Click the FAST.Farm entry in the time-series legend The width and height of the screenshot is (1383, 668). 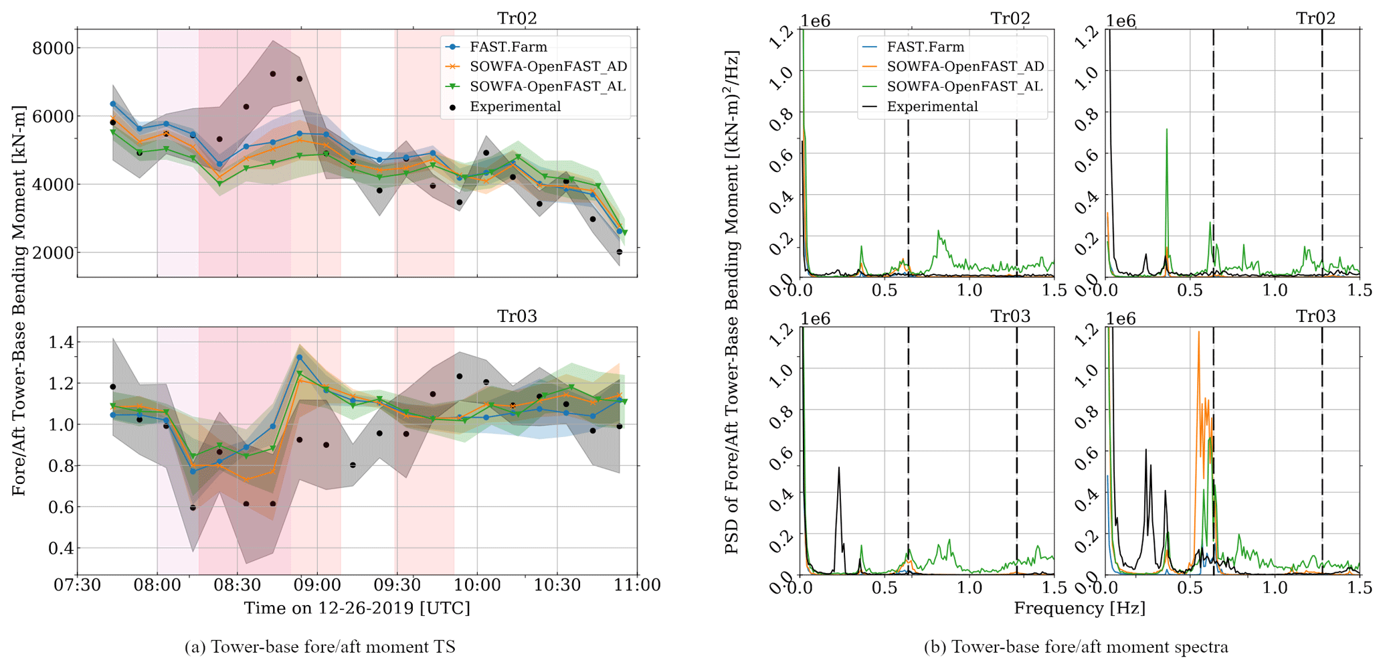click(508, 47)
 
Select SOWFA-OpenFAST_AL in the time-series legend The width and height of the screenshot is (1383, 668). click(547, 86)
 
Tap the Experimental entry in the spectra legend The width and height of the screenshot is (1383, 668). click(932, 106)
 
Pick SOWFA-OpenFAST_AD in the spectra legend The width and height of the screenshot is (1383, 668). click(965, 66)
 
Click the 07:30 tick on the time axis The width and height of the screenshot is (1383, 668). click(78, 585)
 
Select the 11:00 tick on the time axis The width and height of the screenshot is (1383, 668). click(637, 585)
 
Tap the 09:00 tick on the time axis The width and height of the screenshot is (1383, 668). click(317, 585)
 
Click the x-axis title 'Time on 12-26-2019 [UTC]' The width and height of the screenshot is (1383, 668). click(357, 608)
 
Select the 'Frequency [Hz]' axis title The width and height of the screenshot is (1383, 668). click(1079, 608)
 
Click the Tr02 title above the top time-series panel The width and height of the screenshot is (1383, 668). click(517, 18)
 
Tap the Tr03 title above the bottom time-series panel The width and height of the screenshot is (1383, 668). click(517, 316)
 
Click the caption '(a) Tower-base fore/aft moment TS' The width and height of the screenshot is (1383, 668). click(320, 647)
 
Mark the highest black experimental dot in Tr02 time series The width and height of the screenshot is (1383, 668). click(273, 74)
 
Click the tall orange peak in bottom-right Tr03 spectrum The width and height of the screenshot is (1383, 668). click(1198, 333)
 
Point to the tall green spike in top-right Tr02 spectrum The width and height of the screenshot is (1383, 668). click(1166, 130)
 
